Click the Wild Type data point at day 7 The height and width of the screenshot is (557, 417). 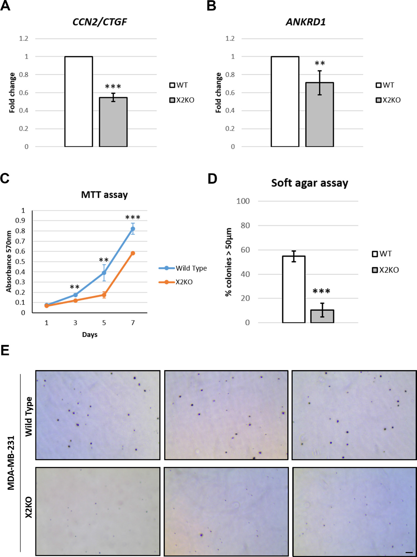pyautogui.click(x=133, y=229)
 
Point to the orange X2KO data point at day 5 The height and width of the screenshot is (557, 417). pyautogui.click(x=104, y=295)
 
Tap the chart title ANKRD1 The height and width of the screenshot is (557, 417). pyautogui.click(x=306, y=22)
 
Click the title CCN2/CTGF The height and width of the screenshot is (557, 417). pyautogui.click(x=100, y=22)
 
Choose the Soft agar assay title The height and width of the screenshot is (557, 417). pyautogui.click(x=310, y=183)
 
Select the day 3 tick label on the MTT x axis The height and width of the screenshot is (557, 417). pyautogui.click(x=75, y=323)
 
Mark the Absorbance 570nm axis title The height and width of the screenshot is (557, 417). pyautogui.click(x=9, y=261)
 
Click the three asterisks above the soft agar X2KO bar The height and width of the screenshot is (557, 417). pyautogui.click(x=321, y=291)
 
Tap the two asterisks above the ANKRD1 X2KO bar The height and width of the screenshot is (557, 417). pyautogui.click(x=320, y=63)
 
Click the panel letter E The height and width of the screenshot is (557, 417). pyautogui.click(x=5, y=351)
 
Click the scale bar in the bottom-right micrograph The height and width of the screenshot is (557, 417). pyautogui.click(x=409, y=552)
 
